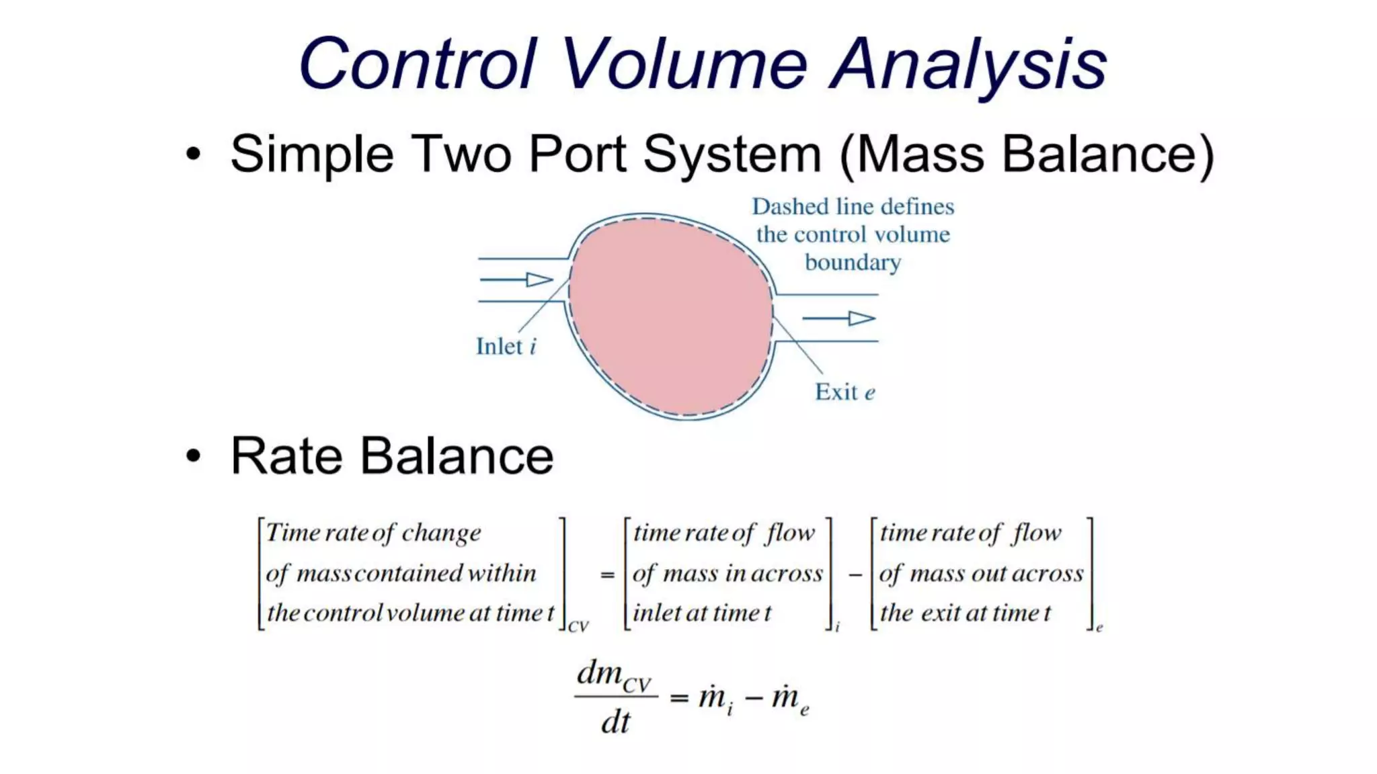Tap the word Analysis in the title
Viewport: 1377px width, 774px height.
pos(968,66)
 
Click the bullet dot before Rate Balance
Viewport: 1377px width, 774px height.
pos(194,456)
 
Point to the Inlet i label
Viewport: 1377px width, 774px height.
pos(506,347)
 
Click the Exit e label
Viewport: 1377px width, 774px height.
pos(844,392)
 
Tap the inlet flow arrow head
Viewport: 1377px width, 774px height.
pos(540,279)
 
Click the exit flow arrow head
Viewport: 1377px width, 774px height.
pos(861,318)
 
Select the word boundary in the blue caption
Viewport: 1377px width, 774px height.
pos(853,263)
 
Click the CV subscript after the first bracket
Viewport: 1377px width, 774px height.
pos(578,627)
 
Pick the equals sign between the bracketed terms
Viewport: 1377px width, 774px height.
pos(607,575)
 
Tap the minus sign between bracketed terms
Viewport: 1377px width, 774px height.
pos(855,575)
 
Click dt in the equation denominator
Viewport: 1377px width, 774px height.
pos(615,723)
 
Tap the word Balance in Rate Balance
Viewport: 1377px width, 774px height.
pos(457,456)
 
